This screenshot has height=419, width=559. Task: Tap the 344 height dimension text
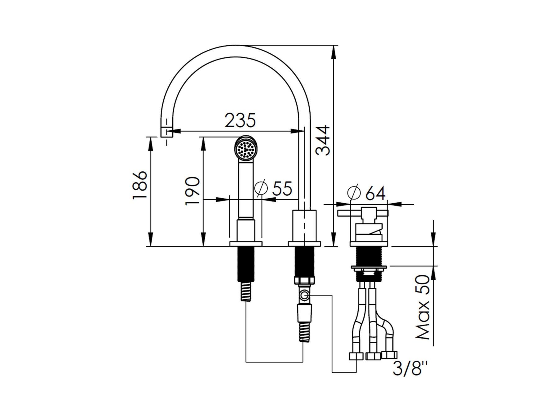tap(323, 140)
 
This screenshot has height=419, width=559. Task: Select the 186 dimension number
tap(139, 185)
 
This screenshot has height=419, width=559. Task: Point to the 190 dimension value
tap(192, 191)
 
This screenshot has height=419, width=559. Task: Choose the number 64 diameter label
tap(375, 193)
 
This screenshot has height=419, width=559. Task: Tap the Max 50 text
tap(422, 307)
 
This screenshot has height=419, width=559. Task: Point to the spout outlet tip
tap(167, 132)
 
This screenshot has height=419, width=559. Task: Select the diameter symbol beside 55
tap(261, 188)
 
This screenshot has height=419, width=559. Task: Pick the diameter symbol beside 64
tap(354, 193)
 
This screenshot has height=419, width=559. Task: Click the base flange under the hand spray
tap(246, 244)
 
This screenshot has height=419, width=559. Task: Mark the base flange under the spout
tap(304, 244)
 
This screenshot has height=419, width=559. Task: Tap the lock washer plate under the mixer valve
tap(369, 267)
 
